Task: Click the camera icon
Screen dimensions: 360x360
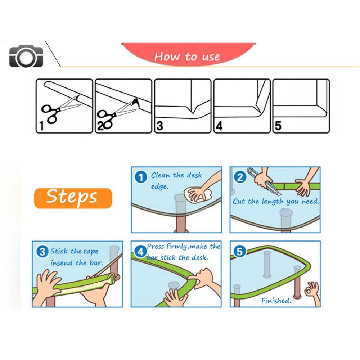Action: pyautogui.click(x=26, y=57)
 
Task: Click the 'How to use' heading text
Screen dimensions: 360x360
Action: pyautogui.click(x=187, y=57)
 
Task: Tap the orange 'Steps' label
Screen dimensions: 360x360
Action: pyautogui.click(x=72, y=197)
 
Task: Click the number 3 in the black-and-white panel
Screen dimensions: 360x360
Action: pyautogui.click(x=160, y=126)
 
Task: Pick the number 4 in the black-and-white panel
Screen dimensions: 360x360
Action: pyautogui.click(x=219, y=126)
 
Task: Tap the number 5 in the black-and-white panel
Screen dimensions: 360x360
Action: pyautogui.click(x=278, y=126)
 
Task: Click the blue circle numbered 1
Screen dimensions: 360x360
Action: pyautogui.click(x=141, y=177)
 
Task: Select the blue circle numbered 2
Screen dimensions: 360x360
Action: pyautogui.click(x=240, y=177)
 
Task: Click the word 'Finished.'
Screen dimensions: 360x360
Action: pyautogui.click(x=276, y=301)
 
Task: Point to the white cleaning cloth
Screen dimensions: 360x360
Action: pyautogui.click(x=196, y=193)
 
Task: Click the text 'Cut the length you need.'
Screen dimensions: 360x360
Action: pyautogui.click(x=276, y=202)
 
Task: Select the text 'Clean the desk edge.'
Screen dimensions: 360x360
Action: pyautogui.click(x=176, y=180)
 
